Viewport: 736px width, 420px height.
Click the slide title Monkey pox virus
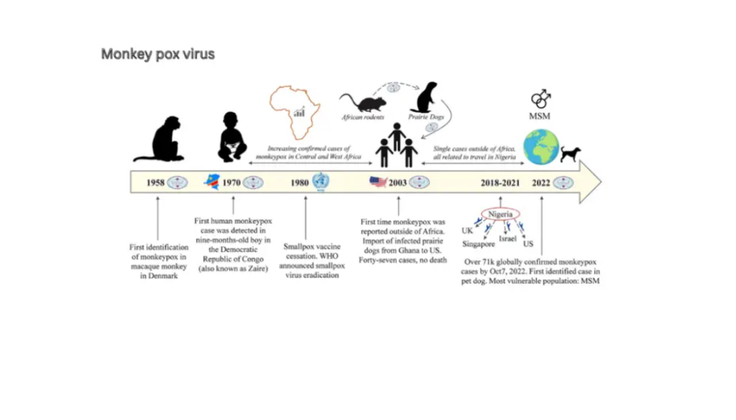[157, 55]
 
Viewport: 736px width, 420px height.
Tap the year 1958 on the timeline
[155, 183]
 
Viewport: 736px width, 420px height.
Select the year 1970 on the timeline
[231, 183]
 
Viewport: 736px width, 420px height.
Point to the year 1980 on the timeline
[300, 183]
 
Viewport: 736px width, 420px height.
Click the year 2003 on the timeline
[397, 183]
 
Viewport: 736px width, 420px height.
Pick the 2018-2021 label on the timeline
[500, 183]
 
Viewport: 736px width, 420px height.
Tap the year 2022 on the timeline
[540, 183]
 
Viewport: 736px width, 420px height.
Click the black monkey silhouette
[159, 139]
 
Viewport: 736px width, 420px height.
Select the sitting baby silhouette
[232, 137]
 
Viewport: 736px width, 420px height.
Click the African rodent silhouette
[362, 103]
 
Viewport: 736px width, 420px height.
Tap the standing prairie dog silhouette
[425, 98]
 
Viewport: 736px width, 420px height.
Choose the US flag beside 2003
[378, 182]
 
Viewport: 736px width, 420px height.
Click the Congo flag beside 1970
[212, 182]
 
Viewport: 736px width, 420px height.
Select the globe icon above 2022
[541, 147]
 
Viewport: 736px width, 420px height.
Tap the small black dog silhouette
[570, 154]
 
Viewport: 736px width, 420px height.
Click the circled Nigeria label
[500, 214]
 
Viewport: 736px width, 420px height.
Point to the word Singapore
[478, 244]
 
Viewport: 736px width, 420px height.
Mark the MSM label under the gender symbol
[539, 116]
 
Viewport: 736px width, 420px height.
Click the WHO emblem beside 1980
[321, 182]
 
